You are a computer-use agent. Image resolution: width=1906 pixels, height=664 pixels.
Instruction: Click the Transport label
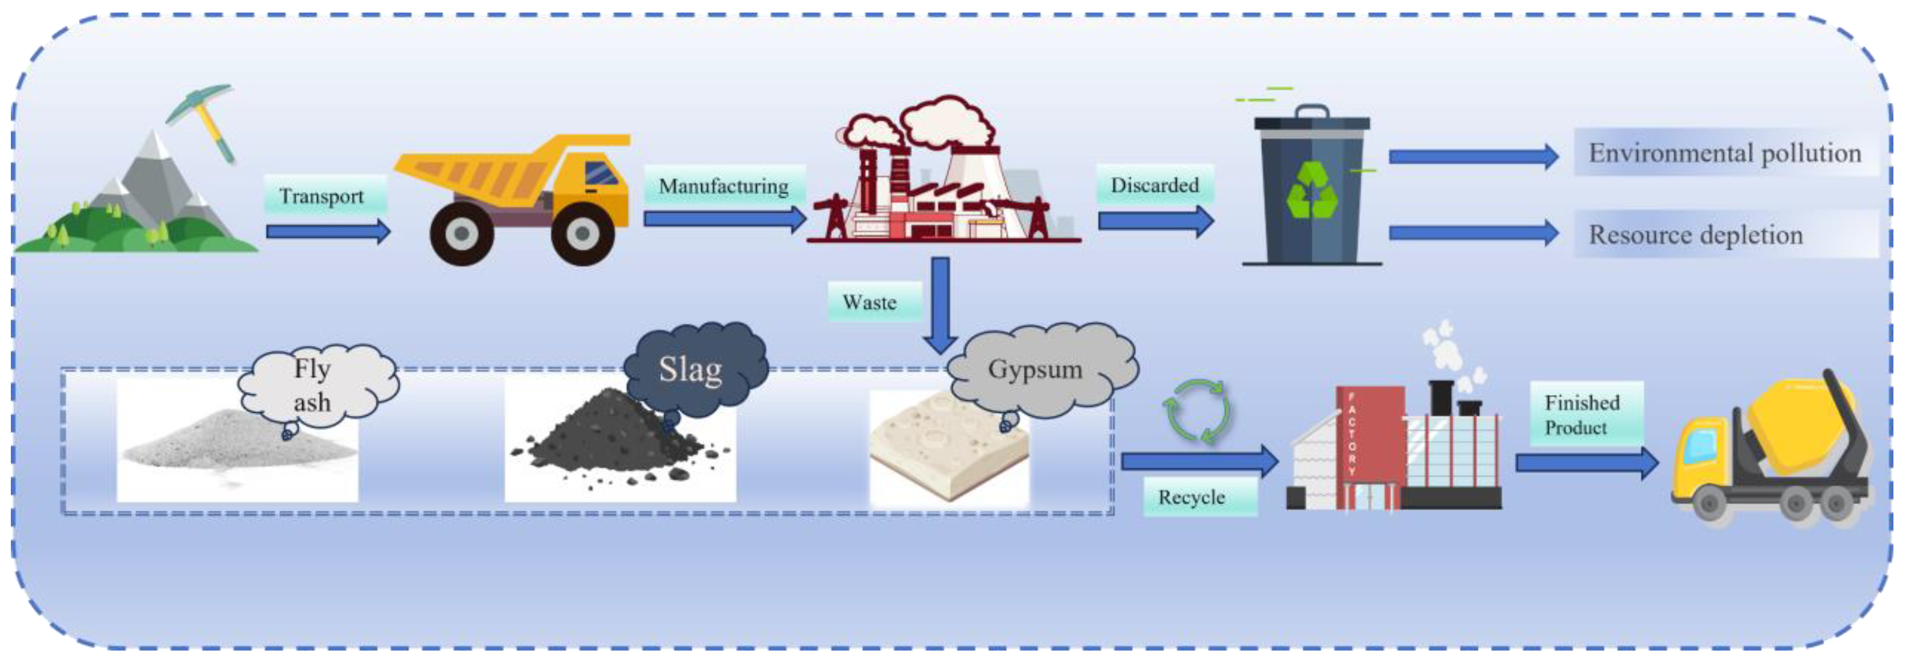tap(322, 196)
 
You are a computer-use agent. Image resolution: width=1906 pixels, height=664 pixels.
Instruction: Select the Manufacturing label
tap(724, 186)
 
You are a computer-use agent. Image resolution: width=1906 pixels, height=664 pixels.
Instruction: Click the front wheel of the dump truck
tap(582, 233)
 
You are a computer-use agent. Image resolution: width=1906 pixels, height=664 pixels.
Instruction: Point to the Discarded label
tap(1154, 185)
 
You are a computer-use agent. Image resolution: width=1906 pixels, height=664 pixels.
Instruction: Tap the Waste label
tap(870, 302)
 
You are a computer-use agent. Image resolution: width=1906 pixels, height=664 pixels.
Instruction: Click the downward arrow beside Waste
tap(940, 303)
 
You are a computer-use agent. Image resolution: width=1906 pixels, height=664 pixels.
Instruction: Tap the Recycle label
tap(1191, 497)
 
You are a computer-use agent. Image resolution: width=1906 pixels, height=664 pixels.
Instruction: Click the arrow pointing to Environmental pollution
tap(1473, 156)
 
